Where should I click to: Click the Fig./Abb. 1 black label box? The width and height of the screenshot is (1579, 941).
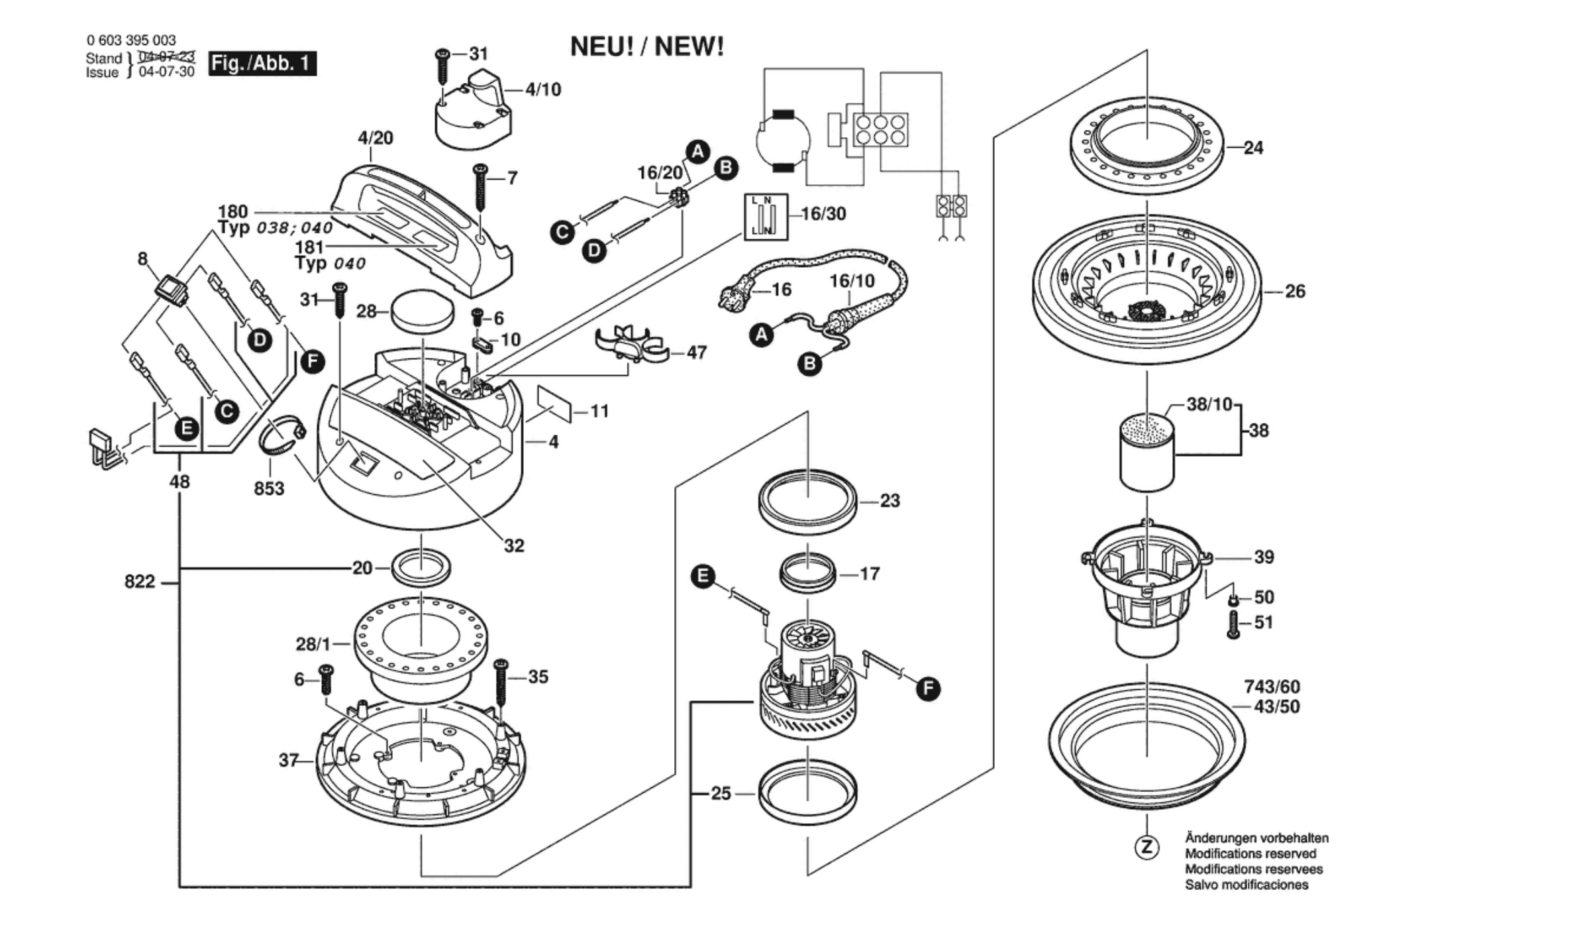pyautogui.click(x=262, y=64)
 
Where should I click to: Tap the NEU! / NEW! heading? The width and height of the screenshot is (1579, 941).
pyautogui.click(x=646, y=47)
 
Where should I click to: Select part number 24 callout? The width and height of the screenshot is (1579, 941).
pyautogui.click(x=1253, y=148)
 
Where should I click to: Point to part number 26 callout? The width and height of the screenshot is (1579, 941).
pyautogui.click(x=1294, y=291)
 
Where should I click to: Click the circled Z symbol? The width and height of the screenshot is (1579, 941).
pyautogui.click(x=1147, y=847)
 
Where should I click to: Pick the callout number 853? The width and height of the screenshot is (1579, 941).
pyautogui.click(x=269, y=488)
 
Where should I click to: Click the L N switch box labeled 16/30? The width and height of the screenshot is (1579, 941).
pyautogui.click(x=766, y=216)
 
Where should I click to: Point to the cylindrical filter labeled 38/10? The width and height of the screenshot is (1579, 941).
pyautogui.click(x=1147, y=453)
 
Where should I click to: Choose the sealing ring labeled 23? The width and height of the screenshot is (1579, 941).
pyautogui.click(x=807, y=502)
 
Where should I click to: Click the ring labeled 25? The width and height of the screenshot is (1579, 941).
pyautogui.click(x=807, y=793)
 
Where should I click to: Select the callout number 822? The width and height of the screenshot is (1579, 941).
pyautogui.click(x=139, y=582)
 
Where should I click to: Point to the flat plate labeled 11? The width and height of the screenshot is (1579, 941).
pyautogui.click(x=554, y=404)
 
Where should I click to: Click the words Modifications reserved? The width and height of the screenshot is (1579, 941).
pyautogui.click(x=1250, y=854)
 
